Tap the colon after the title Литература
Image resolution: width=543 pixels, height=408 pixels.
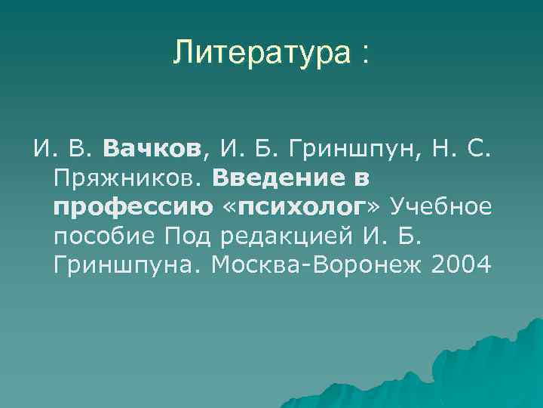point(365,54)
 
